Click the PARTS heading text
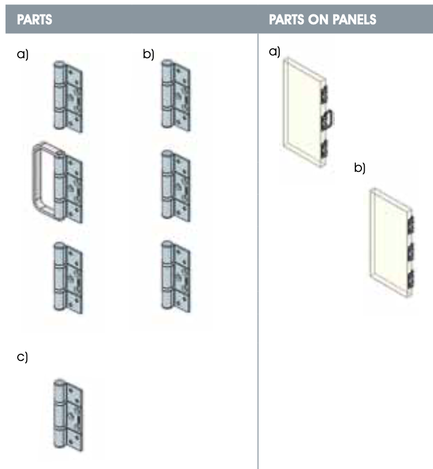(x=34, y=20)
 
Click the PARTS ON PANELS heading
(x=323, y=20)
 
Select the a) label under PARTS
(x=23, y=54)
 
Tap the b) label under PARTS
(x=148, y=54)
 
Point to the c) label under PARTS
(x=23, y=357)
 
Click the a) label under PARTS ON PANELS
(x=274, y=52)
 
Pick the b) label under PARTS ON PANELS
(x=360, y=167)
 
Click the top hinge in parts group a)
(x=68, y=97)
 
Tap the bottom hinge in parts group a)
(x=68, y=276)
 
